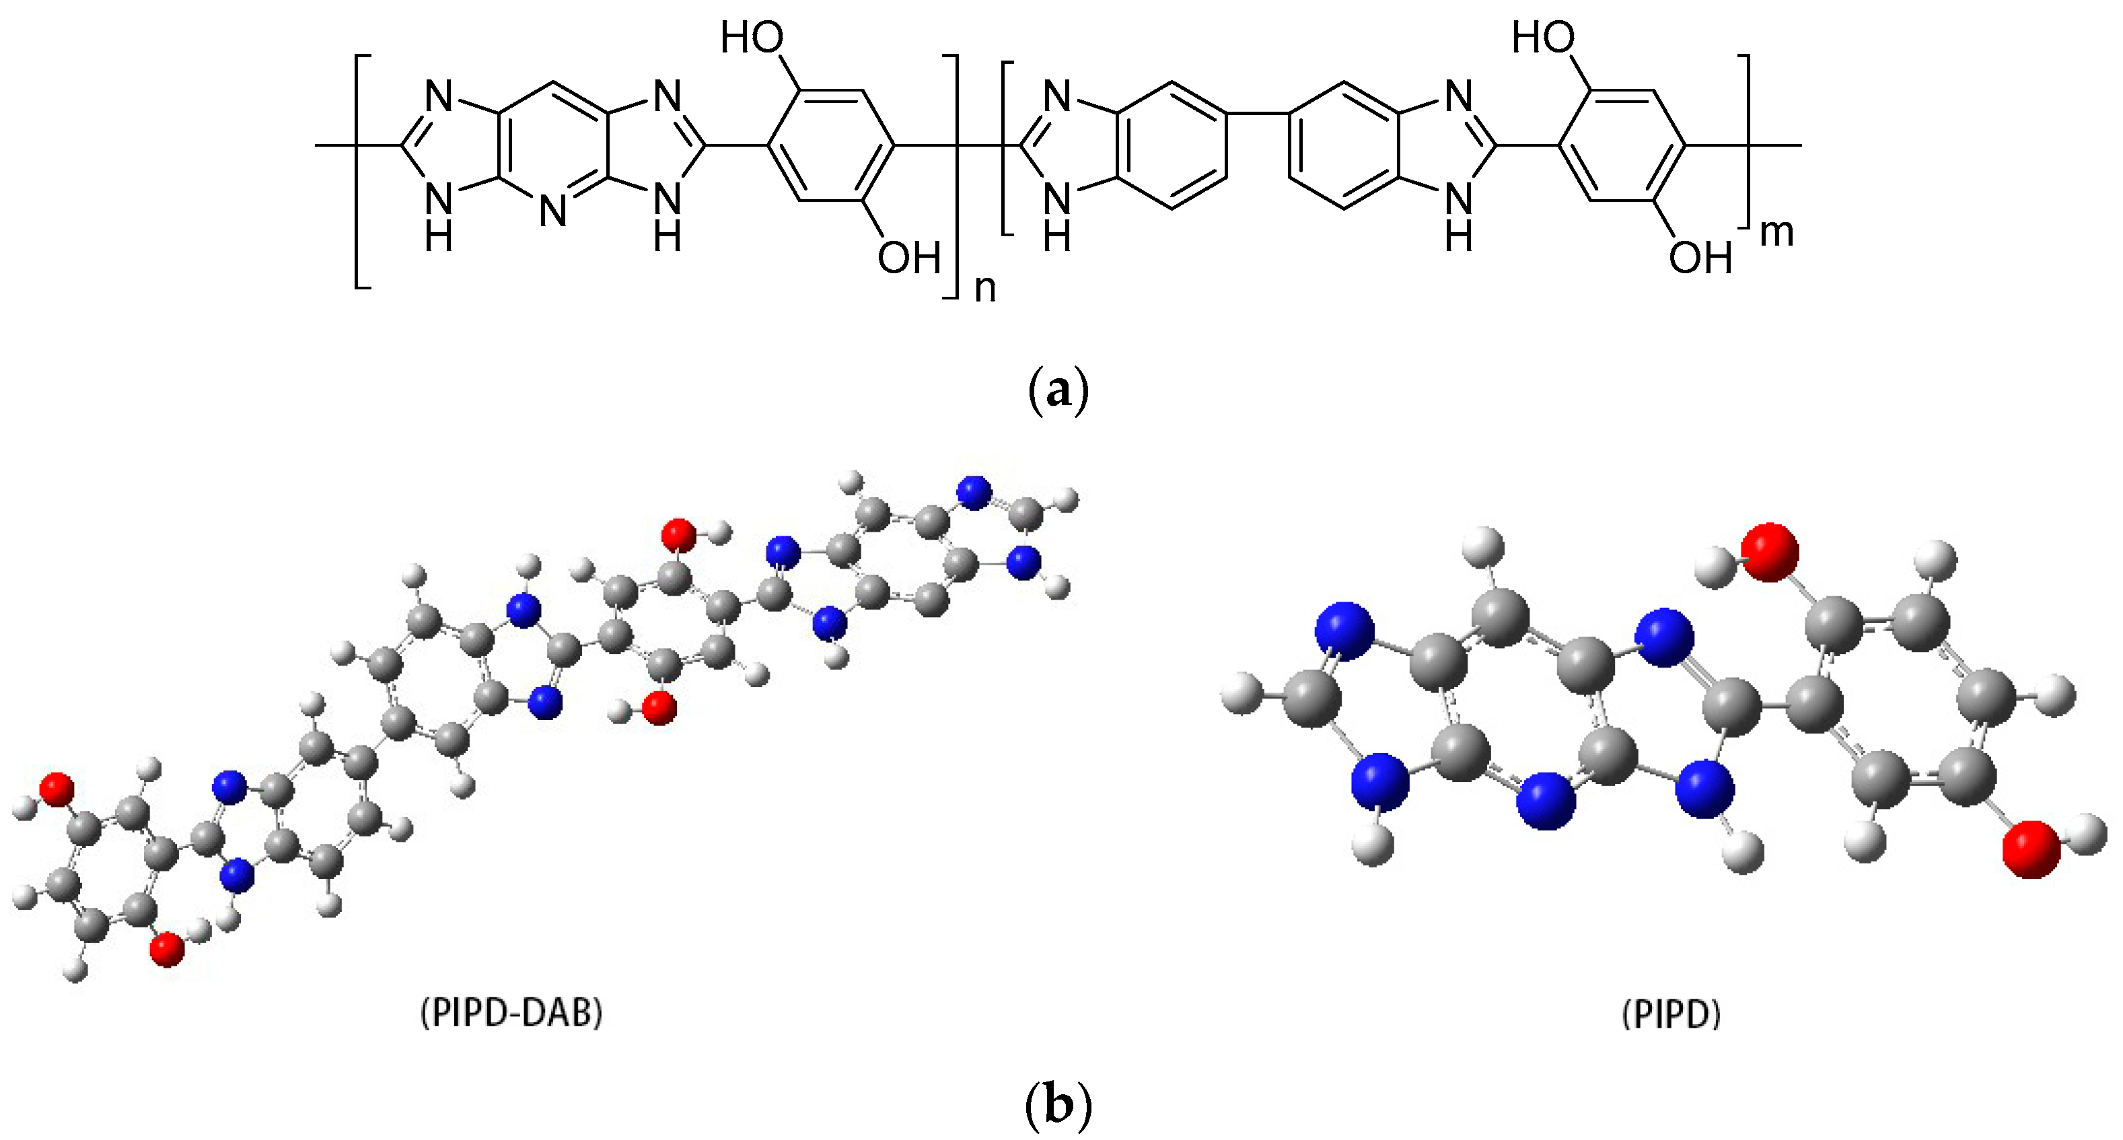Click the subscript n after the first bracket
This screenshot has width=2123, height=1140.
tap(985, 289)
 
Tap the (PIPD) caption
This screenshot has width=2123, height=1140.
tap(1671, 1015)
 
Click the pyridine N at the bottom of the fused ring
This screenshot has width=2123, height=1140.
tap(553, 212)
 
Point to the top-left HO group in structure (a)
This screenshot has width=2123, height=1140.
tap(752, 38)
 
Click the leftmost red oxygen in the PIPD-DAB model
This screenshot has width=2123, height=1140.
tap(57, 788)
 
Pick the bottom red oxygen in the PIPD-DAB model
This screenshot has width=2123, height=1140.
tap(168, 950)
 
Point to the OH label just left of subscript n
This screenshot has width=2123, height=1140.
tap(908, 258)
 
